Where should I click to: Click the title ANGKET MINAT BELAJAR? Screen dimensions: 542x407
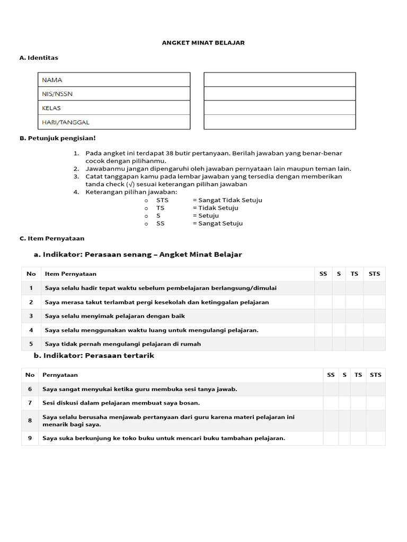(203, 43)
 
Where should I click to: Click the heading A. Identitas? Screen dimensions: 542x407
(39, 58)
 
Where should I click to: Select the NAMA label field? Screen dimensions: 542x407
(114, 80)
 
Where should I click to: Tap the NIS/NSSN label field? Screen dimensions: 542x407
(114, 94)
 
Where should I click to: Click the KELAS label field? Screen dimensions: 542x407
(114, 108)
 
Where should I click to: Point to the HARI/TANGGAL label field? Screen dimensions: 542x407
(114, 122)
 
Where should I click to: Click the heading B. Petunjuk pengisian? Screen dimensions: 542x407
(58, 138)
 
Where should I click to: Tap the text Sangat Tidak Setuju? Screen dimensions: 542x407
(227, 200)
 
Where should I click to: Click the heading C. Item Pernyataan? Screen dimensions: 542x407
(52, 239)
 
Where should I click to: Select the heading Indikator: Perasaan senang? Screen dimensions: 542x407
(138, 255)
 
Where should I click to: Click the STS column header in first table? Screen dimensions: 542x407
(374, 274)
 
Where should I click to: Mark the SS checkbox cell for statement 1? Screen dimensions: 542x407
(323, 288)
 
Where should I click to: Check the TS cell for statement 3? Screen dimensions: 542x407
(355, 316)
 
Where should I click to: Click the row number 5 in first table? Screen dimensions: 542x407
(31, 344)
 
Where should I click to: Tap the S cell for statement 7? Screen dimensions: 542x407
(344, 403)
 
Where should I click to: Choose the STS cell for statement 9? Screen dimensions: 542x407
(375, 438)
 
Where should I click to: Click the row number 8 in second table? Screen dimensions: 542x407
(30, 421)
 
